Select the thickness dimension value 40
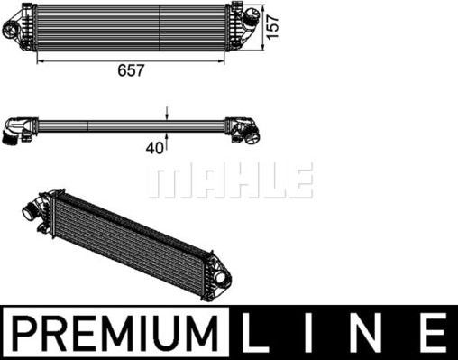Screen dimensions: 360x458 pyautogui.click(x=155, y=147)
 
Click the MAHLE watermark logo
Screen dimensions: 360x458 pyautogui.click(x=231, y=180)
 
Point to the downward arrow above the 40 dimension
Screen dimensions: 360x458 pyautogui.click(x=167, y=114)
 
